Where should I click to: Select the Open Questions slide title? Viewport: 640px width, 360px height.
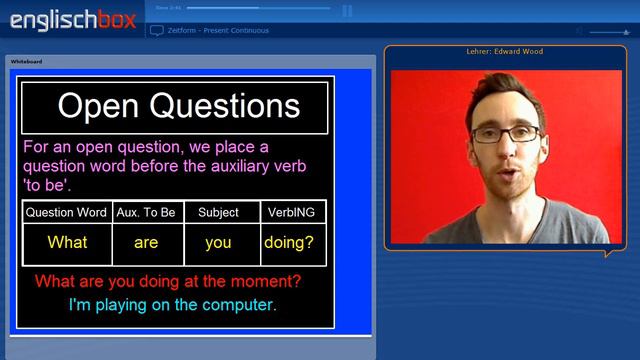tap(178, 106)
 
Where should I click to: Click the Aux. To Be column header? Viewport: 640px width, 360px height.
tap(146, 212)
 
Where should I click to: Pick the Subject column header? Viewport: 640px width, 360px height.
tap(218, 212)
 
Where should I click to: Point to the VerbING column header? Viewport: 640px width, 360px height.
tap(291, 212)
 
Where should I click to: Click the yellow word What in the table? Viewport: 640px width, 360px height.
tap(67, 243)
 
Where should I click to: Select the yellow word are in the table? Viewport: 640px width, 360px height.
tap(146, 243)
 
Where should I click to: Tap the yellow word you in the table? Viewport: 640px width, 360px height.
tap(218, 243)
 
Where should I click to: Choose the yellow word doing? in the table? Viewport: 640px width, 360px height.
tap(289, 243)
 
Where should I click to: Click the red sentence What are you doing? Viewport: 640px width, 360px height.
tap(167, 281)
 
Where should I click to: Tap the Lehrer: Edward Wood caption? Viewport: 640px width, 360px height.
tap(504, 51)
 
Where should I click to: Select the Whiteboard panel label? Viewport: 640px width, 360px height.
tap(27, 62)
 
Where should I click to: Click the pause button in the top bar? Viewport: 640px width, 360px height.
tap(347, 11)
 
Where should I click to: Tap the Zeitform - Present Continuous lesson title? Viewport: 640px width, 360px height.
tap(218, 31)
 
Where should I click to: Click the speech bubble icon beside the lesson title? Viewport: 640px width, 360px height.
tap(157, 31)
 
